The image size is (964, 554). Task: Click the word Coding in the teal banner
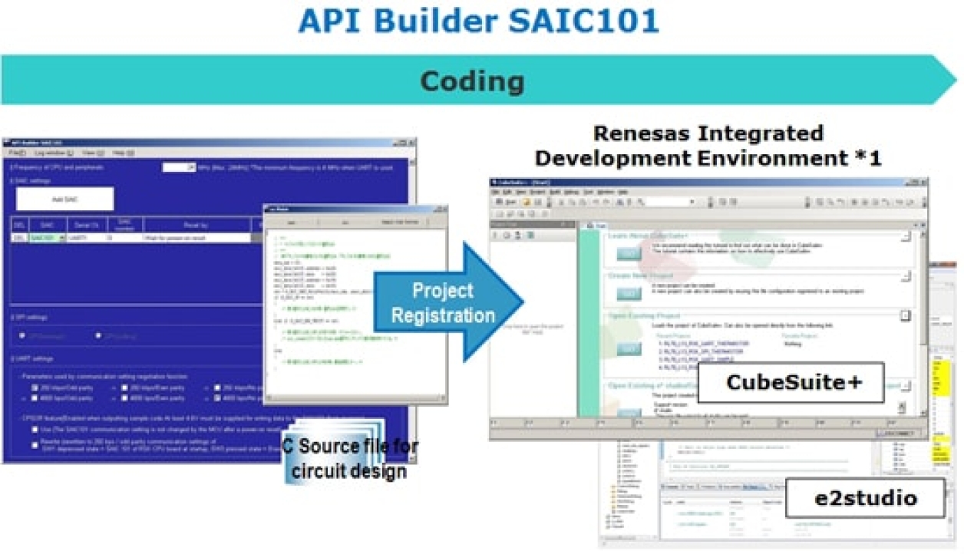coord(472,81)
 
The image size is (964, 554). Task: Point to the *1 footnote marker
coord(867,159)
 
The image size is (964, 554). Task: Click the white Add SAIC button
coord(64,199)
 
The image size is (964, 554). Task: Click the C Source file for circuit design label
coord(350,458)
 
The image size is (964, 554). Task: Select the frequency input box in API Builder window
coord(179,167)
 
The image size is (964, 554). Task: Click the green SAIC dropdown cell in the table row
coord(47,239)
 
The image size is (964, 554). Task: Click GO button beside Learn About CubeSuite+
coord(629,252)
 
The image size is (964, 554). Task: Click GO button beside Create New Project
coord(629,292)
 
